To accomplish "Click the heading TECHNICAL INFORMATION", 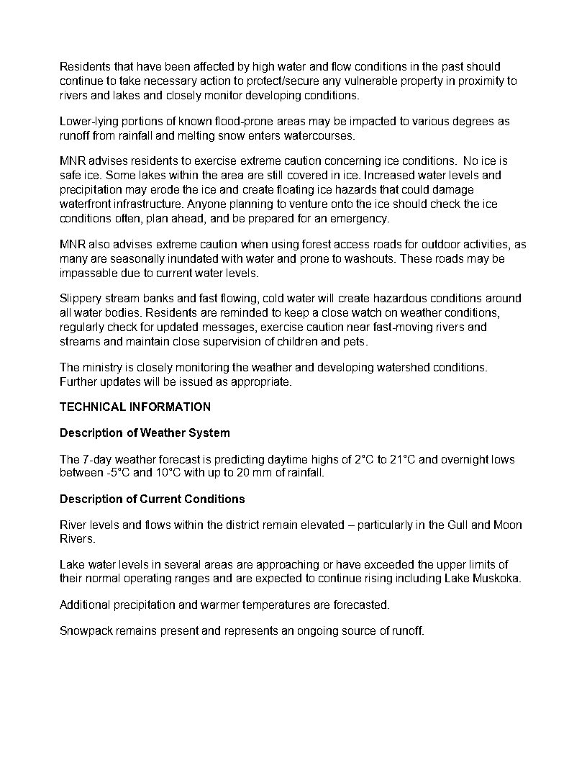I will [x=135, y=407].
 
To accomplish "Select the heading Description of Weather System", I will [x=145, y=433].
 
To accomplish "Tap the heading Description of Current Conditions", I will [x=152, y=499].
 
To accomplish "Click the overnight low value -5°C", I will [x=118, y=474].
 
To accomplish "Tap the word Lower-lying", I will [x=90, y=122].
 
